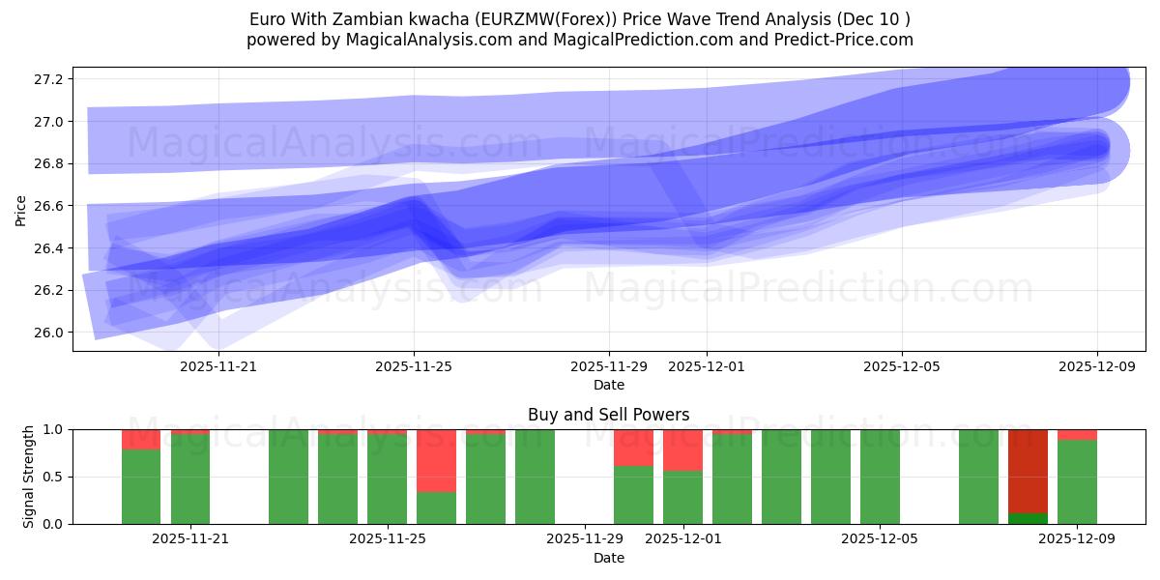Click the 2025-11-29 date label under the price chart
click(609, 366)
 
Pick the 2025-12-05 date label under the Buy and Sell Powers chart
click(880, 539)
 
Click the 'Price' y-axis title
click(21, 211)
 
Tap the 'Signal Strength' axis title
click(29, 477)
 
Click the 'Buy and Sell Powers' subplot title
click(609, 415)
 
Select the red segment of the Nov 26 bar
click(436, 460)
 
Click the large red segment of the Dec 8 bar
click(1028, 471)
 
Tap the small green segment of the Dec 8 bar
click(1028, 518)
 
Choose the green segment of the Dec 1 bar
click(682, 497)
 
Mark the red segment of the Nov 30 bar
click(633, 448)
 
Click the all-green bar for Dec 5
click(880, 477)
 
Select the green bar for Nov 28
click(535, 477)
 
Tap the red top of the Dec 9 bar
click(1077, 434)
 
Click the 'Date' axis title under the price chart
click(609, 385)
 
